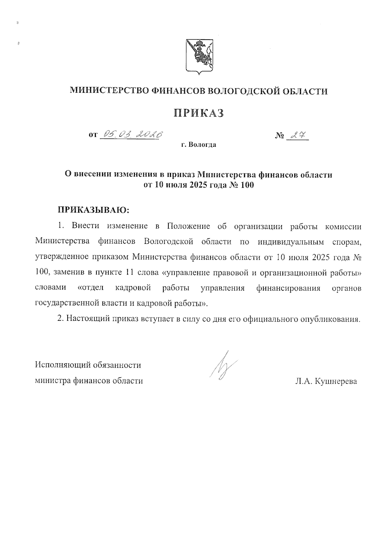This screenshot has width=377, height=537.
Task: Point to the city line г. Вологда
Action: (199, 145)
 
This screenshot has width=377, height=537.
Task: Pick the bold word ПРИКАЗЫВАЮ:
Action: (93, 209)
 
